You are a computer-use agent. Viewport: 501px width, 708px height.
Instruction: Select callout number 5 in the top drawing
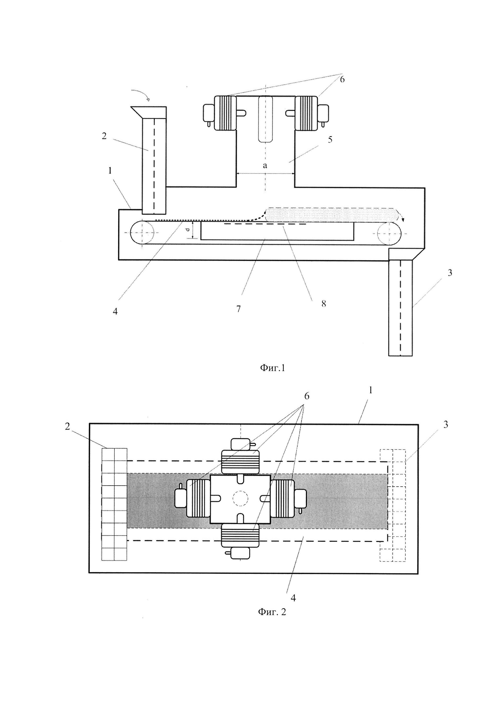click(x=330, y=140)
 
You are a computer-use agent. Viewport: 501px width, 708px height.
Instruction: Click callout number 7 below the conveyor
click(x=238, y=309)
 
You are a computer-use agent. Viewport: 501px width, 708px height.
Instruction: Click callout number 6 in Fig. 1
click(x=342, y=79)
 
